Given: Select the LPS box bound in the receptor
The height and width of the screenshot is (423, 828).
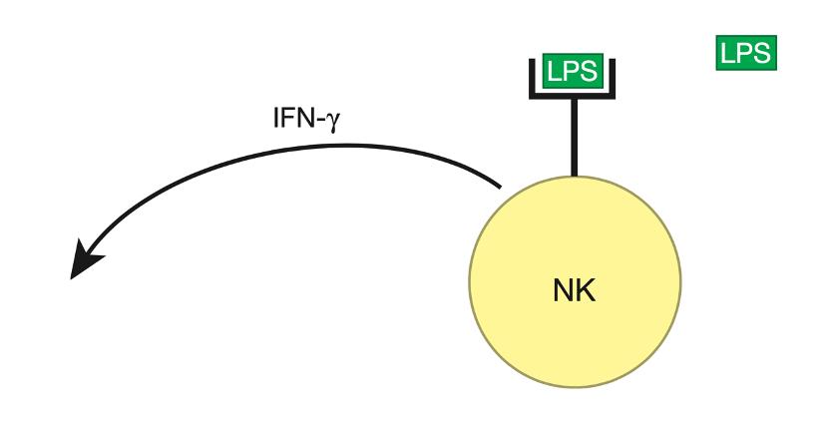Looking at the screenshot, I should pos(571,72).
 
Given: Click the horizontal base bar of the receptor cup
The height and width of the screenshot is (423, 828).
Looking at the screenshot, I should pos(572,93).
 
